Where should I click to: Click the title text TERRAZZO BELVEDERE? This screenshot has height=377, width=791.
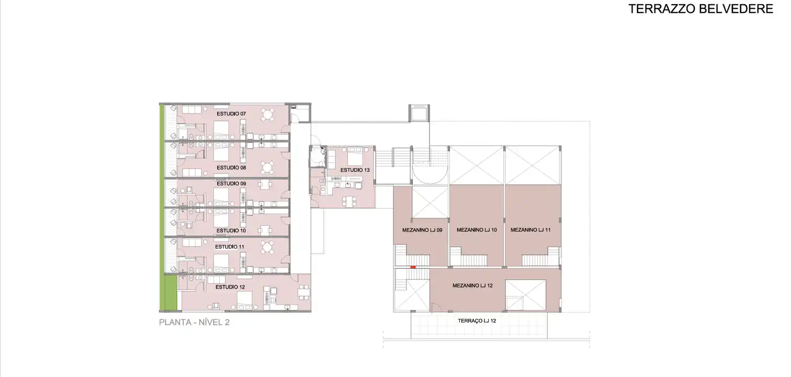[700, 9]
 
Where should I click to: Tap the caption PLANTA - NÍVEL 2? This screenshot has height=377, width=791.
[194, 322]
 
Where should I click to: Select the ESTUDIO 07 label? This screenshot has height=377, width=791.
[231, 114]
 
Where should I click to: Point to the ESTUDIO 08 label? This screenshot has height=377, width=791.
[231, 168]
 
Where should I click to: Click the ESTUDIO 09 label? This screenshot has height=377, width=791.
[231, 183]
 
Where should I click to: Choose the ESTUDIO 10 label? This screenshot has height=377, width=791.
[231, 230]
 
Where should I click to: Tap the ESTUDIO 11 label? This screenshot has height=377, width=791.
[230, 247]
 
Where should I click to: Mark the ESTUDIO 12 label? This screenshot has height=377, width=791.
[230, 287]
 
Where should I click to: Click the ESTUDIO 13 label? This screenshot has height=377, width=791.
[355, 170]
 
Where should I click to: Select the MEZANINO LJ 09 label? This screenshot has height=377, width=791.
[422, 230]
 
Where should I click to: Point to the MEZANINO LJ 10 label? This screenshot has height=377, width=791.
[477, 230]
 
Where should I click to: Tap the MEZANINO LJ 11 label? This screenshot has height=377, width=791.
[530, 230]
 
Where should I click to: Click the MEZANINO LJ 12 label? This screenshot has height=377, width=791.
[472, 285]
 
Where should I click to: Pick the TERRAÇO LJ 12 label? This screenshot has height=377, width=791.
[477, 321]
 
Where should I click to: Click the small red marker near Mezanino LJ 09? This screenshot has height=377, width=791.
[413, 267]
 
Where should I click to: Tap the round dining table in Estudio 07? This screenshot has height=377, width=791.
[268, 115]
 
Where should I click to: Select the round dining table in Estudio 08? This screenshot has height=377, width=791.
[268, 168]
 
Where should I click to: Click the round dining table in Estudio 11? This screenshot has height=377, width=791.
[268, 247]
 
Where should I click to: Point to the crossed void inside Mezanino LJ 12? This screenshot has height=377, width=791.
[525, 295]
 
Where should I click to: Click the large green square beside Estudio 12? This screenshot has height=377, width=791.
[171, 293]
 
